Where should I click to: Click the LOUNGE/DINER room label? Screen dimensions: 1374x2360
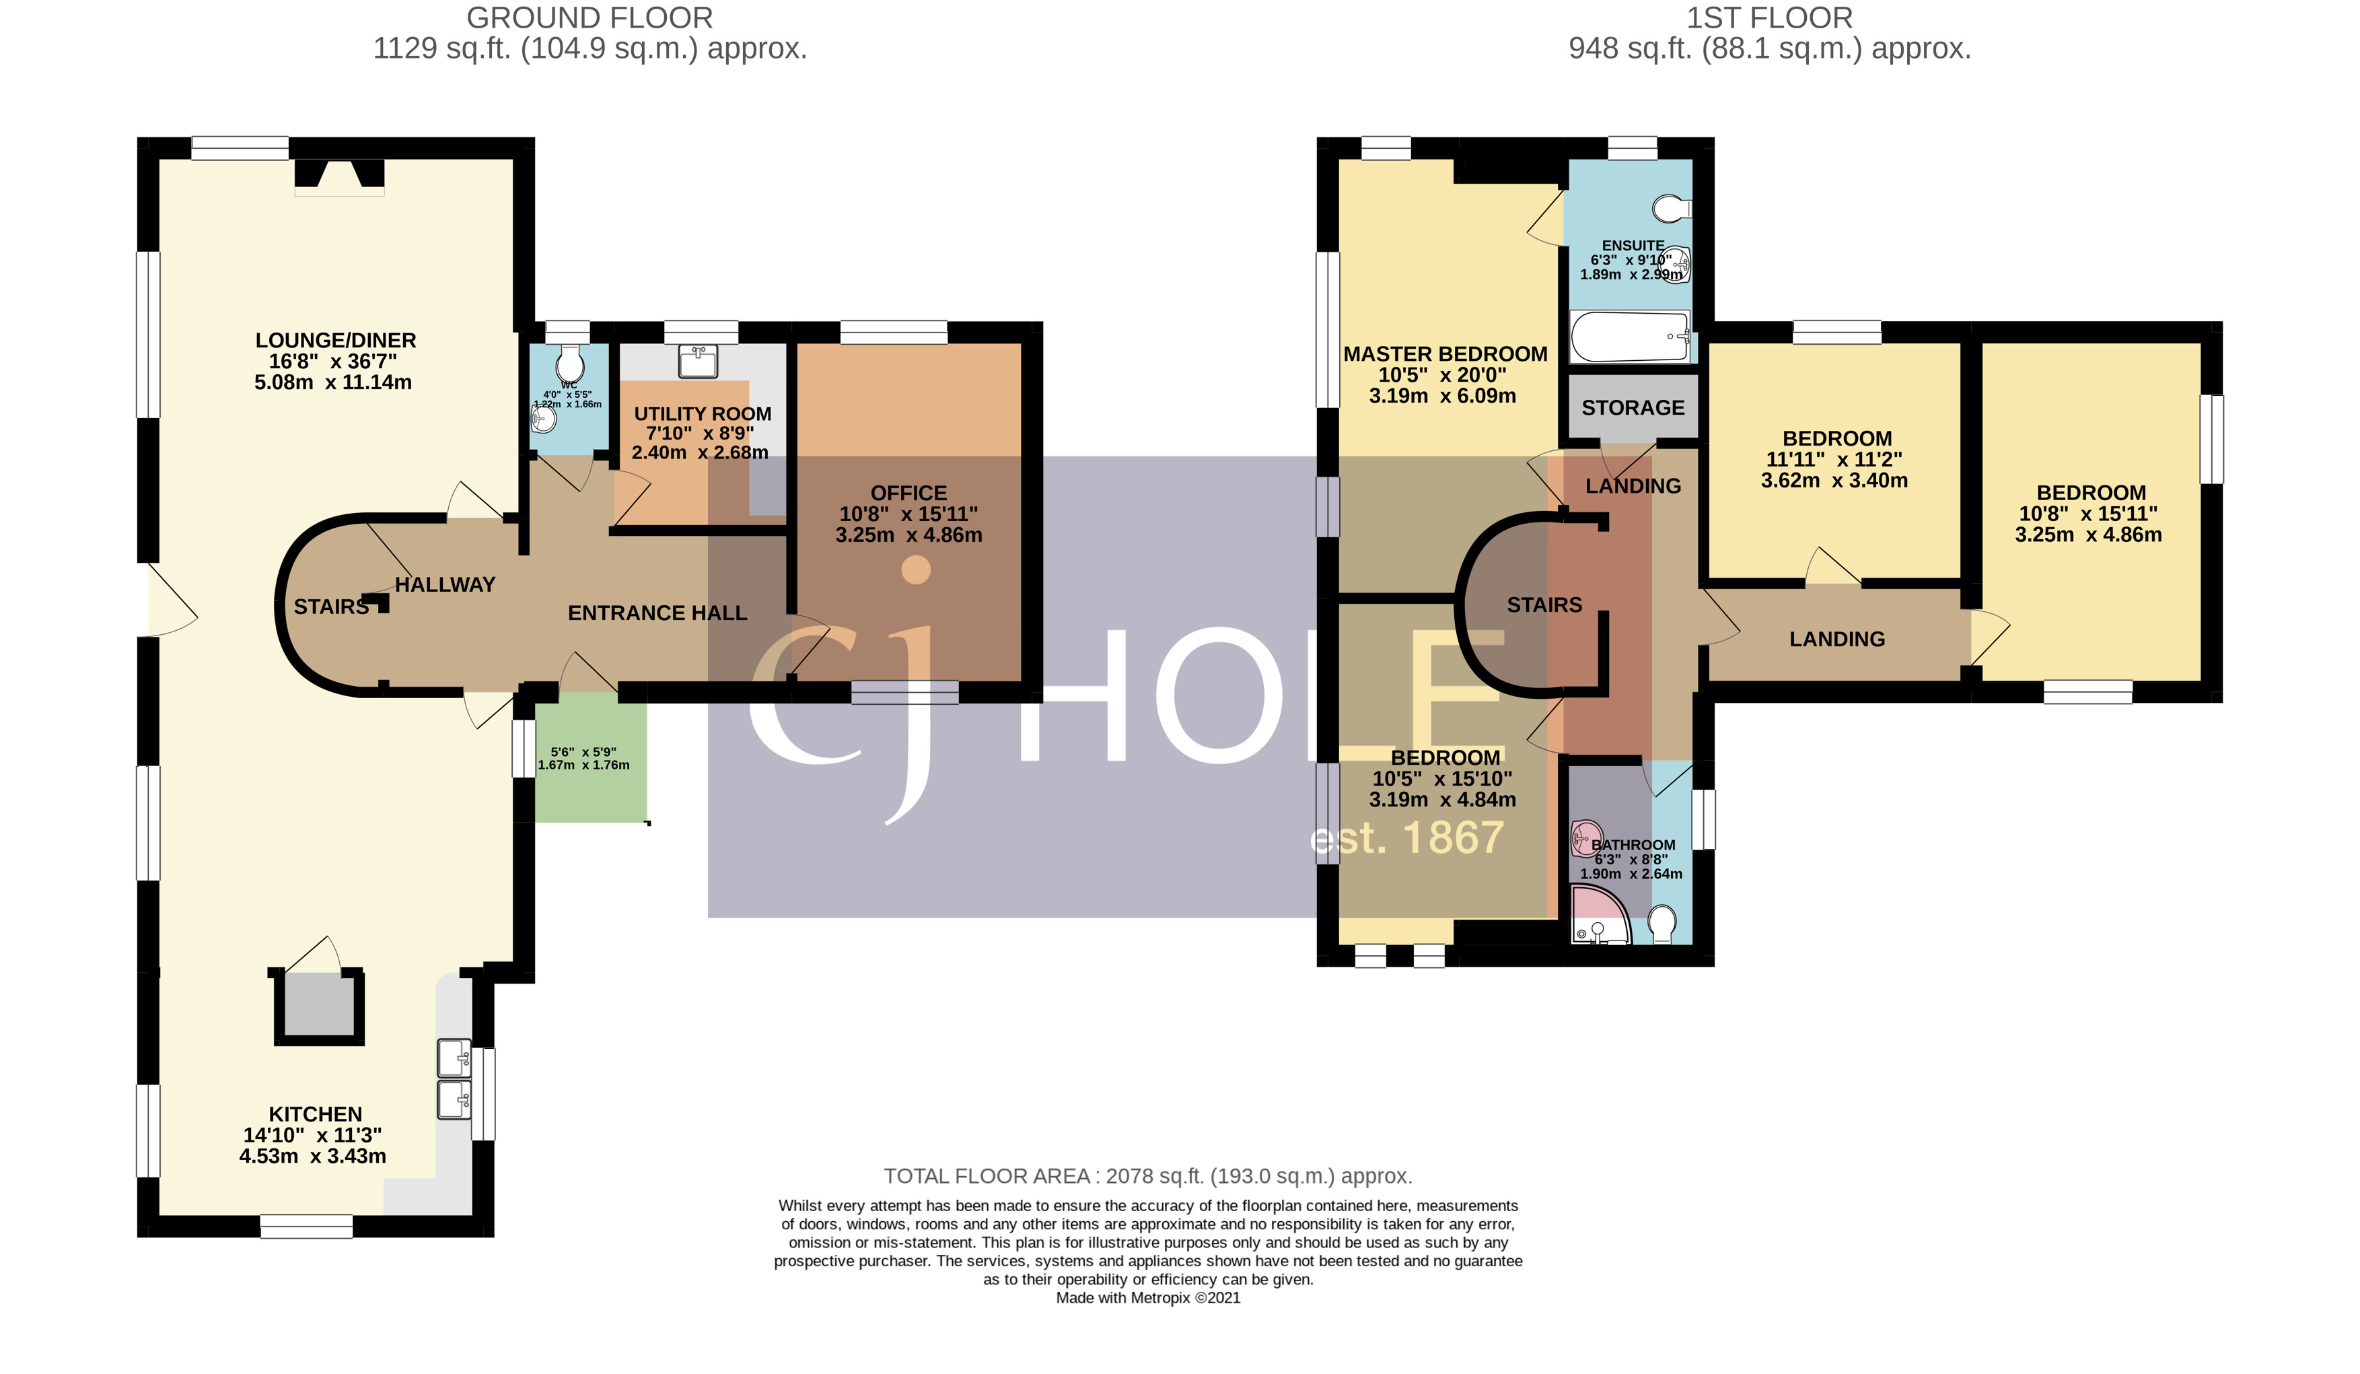click(335, 341)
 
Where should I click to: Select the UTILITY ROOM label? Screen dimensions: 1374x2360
click(703, 414)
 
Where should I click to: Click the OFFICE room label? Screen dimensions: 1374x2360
click(908, 493)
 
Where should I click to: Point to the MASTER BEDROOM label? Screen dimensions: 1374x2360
click(1445, 354)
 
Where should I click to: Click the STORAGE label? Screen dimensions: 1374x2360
click(1633, 407)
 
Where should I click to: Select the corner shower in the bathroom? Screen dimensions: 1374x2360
click(1598, 916)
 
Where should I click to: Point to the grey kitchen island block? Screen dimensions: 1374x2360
click(318, 1005)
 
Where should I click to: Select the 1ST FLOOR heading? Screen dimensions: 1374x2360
click(1769, 18)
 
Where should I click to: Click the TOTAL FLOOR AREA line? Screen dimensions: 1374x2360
click(1147, 1175)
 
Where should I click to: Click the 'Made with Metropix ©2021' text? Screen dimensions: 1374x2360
click(1147, 1297)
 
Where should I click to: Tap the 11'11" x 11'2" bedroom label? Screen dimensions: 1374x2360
click(1836, 459)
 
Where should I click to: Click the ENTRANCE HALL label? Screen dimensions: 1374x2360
click(657, 613)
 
